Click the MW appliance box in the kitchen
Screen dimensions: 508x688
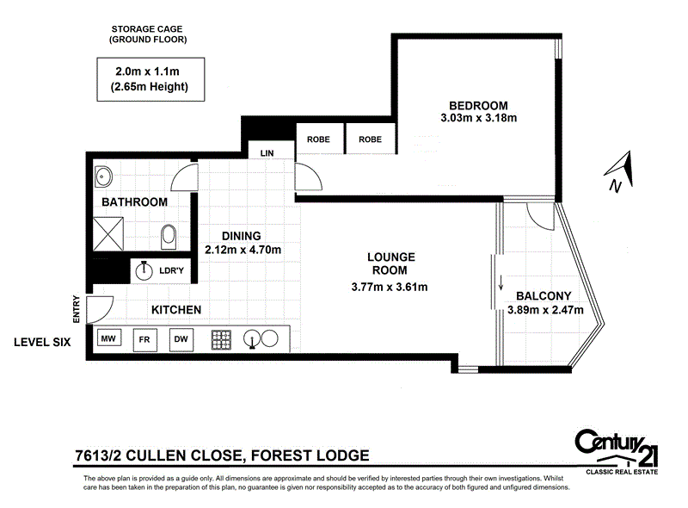pos(108,339)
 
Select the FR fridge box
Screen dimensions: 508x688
pos(144,339)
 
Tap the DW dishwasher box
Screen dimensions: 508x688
pos(181,339)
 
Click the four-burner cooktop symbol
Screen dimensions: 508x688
pos(224,339)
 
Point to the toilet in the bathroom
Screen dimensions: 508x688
pos(168,234)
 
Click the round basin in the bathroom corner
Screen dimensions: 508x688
pos(103,177)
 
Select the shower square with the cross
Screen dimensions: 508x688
pos(110,233)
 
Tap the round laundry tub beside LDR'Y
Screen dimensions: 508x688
pos(144,271)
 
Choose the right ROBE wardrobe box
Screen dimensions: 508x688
pos(370,139)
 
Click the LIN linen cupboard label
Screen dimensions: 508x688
pos(267,153)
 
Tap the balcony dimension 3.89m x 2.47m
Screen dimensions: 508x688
pos(545,310)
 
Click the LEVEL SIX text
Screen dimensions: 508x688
pos(41,342)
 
